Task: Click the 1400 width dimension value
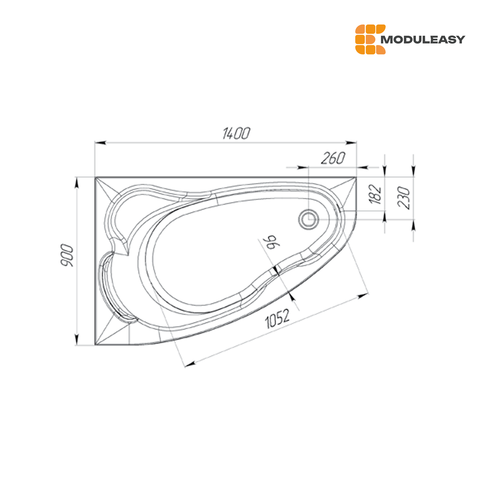[x=236, y=134]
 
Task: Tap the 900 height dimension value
[x=67, y=255]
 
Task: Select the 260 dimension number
[x=333, y=158]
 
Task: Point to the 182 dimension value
[x=375, y=194]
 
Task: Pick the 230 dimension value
[x=404, y=198]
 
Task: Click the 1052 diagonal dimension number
[x=277, y=318]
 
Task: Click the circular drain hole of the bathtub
[x=309, y=219]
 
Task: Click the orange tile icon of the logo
[x=370, y=39]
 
